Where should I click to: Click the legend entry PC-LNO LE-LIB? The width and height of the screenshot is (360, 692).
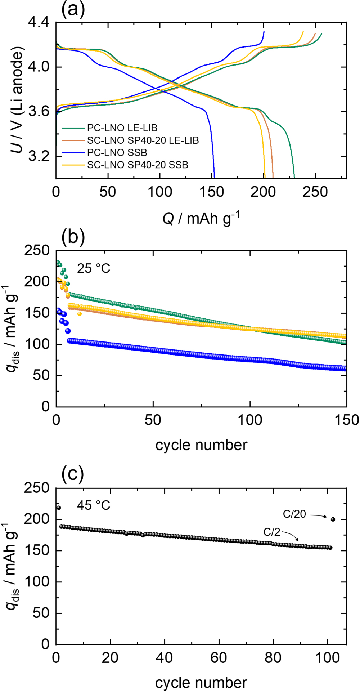click(122, 128)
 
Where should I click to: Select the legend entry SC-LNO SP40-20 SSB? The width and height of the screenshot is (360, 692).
click(138, 165)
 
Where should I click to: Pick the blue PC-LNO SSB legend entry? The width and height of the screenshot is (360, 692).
click(117, 152)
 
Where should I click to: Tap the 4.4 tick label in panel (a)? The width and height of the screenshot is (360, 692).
click(39, 23)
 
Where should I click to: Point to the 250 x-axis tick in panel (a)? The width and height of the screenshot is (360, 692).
click(315, 192)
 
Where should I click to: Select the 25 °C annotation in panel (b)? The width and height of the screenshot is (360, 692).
click(94, 268)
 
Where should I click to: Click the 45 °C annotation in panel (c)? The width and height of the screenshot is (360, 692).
click(94, 505)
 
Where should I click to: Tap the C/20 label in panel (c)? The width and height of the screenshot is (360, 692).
click(294, 514)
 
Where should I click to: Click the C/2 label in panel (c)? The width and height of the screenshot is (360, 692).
click(271, 532)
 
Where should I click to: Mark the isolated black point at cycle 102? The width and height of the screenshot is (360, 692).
click(333, 519)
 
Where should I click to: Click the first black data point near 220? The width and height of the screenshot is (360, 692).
click(59, 508)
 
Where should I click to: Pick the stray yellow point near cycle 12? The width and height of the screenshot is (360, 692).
click(80, 313)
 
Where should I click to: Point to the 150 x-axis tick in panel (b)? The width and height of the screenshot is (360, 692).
click(346, 420)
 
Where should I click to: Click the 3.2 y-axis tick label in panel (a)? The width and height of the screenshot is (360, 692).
click(39, 156)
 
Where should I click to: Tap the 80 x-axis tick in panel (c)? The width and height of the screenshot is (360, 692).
click(273, 657)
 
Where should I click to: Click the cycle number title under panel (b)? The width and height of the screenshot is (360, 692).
click(201, 445)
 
